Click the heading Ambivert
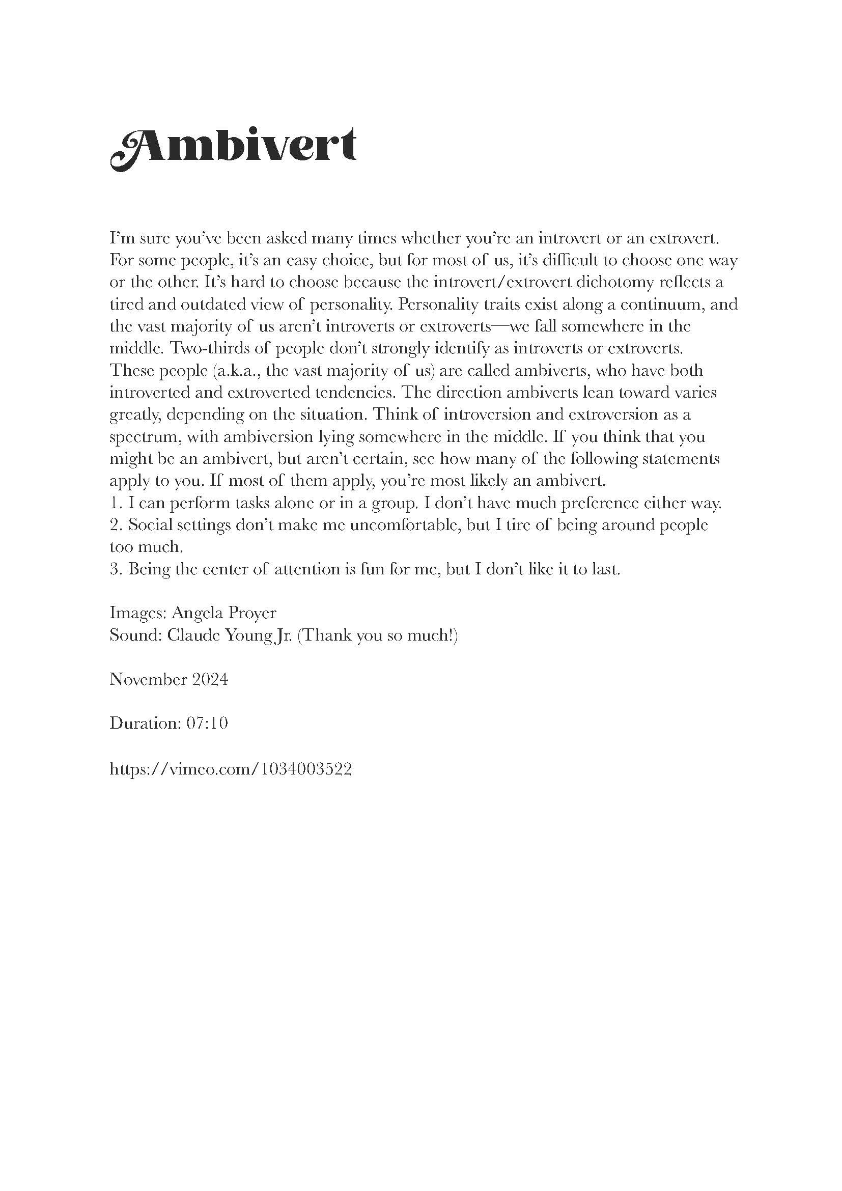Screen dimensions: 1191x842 [233, 148]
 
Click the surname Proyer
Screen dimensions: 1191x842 [254, 613]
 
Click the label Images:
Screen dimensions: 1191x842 [137, 613]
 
